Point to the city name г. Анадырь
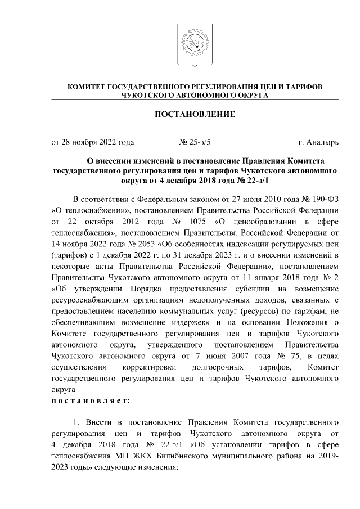point(318,142)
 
